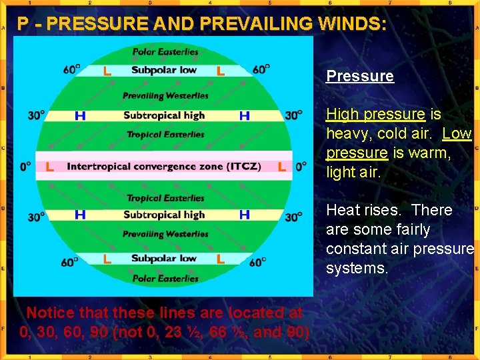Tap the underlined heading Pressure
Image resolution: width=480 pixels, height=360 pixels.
(x=359, y=76)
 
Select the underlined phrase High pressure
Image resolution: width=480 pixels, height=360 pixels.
(x=375, y=115)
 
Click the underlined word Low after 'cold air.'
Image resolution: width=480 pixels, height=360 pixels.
(x=457, y=134)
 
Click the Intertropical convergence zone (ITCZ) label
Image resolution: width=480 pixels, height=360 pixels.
(x=164, y=167)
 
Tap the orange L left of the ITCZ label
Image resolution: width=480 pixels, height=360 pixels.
(x=50, y=167)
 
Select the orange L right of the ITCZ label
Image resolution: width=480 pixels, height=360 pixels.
(x=281, y=167)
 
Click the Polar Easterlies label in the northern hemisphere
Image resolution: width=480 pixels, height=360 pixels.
(x=165, y=52)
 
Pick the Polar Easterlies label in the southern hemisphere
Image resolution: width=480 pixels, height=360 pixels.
(x=165, y=279)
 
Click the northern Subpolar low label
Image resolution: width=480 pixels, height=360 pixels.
(x=164, y=70)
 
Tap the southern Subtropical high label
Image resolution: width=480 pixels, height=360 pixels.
(x=164, y=215)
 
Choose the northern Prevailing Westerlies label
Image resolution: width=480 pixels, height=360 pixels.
(x=165, y=96)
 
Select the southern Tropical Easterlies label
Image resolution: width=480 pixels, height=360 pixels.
(x=165, y=198)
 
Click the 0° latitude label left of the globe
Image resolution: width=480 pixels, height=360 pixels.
(x=25, y=167)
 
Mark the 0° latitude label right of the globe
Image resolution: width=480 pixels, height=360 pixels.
(x=301, y=167)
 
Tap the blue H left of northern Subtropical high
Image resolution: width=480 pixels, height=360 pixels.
(x=80, y=116)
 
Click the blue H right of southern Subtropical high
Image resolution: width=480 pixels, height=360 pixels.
(x=245, y=215)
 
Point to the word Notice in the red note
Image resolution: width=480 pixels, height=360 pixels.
(x=51, y=313)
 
